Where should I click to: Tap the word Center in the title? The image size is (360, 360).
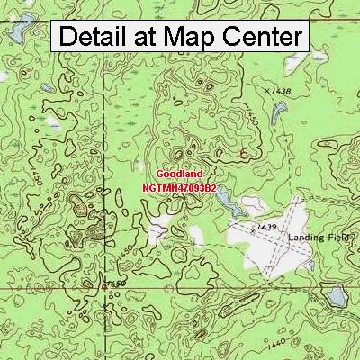click(x=260, y=37)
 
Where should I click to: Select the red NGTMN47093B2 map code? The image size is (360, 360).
click(x=180, y=187)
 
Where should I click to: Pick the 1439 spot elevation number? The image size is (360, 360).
click(x=266, y=229)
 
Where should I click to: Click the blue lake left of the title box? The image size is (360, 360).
click(x=16, y=33)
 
